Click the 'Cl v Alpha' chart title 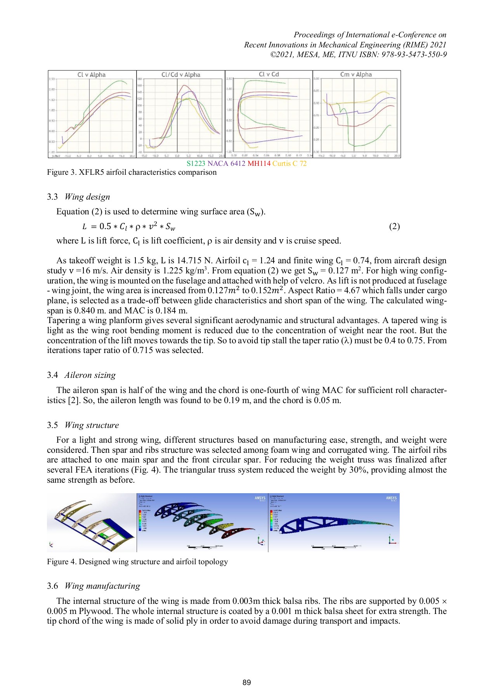point(91,75)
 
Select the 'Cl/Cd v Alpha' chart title point(181,75)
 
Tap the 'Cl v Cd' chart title point(269,74)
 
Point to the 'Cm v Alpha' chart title point(356,75)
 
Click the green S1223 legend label point(196,163)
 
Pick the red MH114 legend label point(259,163)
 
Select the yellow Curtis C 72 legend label point(289,163)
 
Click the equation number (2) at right point(394,226)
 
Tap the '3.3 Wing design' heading point(78,197)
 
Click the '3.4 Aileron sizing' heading point(81,375)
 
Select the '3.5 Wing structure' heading point(83,425)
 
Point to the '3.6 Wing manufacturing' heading point(94,586)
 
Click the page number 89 point(247,683)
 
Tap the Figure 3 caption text point(132,172)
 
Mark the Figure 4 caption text point(137,562)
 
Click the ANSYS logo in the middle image point(260,498)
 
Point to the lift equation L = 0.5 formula point(129,226)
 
